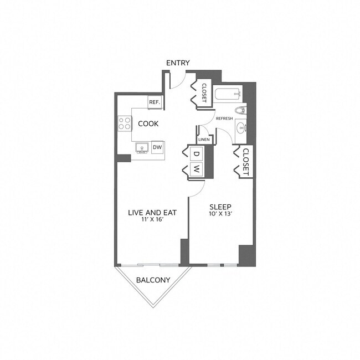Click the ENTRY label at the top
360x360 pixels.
click(178, 63)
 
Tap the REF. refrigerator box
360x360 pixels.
click(154, 102)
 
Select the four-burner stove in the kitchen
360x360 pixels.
click(125, 123)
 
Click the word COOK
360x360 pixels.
click(149, 124)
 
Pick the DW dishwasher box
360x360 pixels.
click(157, 147)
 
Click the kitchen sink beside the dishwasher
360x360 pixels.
click(142, 148)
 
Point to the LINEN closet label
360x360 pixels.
click(203, 140)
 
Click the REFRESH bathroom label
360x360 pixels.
click(224, 119)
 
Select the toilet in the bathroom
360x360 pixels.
click(240, 110)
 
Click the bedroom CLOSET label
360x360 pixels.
click(246, 161)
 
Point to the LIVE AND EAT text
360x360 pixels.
click(148, 213)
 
